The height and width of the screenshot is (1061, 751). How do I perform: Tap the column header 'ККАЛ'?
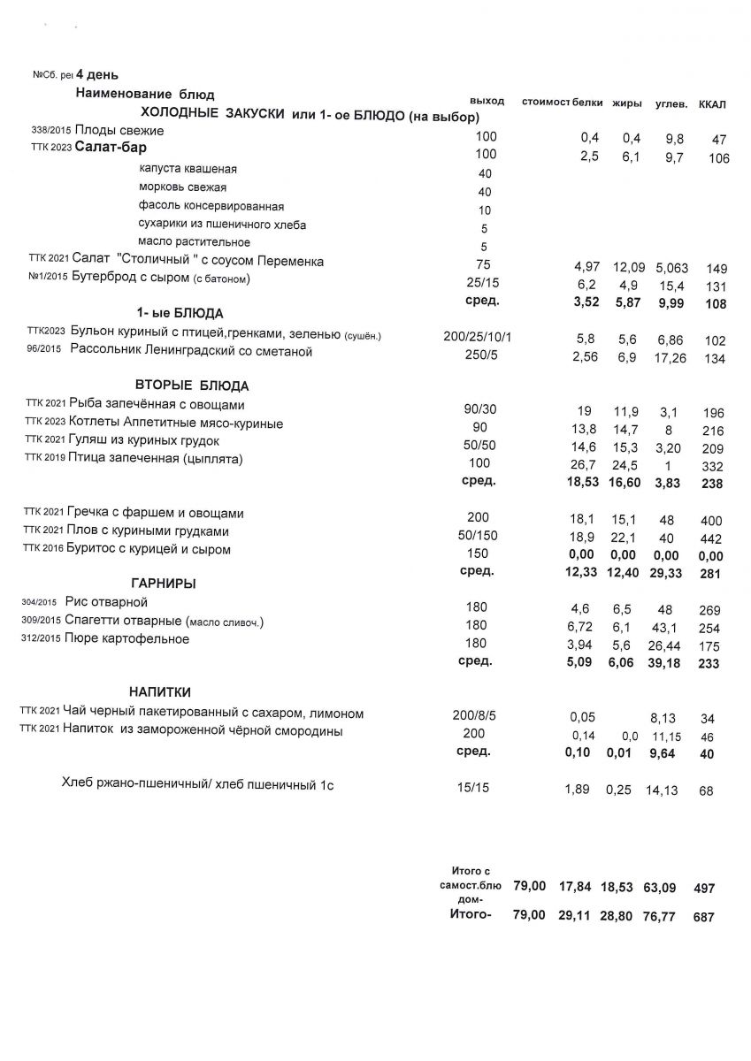pos(711,104)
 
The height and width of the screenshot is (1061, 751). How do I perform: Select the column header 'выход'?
pos(487,101)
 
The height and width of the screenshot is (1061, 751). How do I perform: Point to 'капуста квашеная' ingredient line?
pos(188,169)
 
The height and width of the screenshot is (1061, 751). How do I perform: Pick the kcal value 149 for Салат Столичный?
pos(716,268)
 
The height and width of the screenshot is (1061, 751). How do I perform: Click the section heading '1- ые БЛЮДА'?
pos(180,313)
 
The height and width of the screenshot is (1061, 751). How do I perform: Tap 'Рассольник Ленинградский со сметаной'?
pos(190,353)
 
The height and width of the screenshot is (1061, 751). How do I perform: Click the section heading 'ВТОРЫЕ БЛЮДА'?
pos(192,385)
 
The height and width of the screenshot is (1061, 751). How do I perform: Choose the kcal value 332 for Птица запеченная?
pos(712,466)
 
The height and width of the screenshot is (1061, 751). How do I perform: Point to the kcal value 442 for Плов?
pos(711,538)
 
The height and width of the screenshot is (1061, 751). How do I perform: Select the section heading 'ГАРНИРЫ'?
pos(163,584)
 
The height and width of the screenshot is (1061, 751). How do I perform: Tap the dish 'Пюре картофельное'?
pos(127,638)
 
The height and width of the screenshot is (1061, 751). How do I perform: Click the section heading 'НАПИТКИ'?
pos(160,691)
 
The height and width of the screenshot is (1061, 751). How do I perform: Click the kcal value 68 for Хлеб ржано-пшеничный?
pos(706,790)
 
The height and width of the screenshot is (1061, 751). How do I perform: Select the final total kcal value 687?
pos(704,917)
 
